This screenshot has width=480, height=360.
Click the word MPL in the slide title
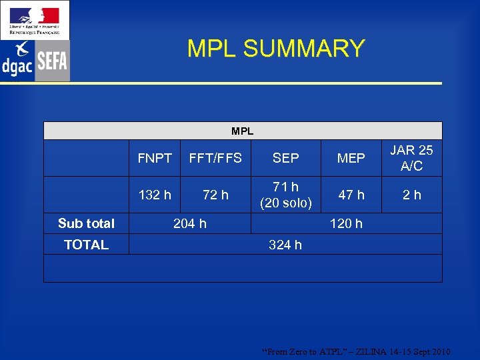pyautogui.click(x=213, y=49)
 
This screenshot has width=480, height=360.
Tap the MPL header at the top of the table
pyautogui.click(x=243, y=131)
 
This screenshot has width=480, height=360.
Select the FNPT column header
pyautogui.click(x=155, y=158)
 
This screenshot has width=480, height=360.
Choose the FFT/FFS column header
pyautogui.click(x=215, y=158)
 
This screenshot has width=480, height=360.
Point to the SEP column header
pyautogui.click(x=285, y=158)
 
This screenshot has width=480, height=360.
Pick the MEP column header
pyautogui.click(x=351, y=158)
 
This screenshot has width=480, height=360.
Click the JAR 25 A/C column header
pyautogui.click(x=412, y=158)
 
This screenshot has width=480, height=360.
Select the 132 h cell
pyautogui.click(x=155, y=195)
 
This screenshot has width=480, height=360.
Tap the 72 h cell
pyautogui.click(x=215, y=195)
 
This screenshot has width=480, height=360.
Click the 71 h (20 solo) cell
pyautogui.click(x=285, y=195)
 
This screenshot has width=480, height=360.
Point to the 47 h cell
pyautogui.click(x=351, y=195)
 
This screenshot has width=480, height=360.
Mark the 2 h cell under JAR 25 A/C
pyautogui.click(x=412, y=195)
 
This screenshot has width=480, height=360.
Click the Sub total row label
pyautogui.click(x=86, y=223)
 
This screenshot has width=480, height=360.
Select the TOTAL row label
pyautogui.click(x=86, y=245)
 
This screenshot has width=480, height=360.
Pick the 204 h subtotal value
pyautogui.click(x=190, y=223)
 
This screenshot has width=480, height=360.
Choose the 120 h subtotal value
pyautogui.click(x=347, y=223)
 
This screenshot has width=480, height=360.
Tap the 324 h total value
pyautogui.click(x=285, y=245)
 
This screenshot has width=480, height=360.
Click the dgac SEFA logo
pyautogui.click(x=35, y=61)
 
